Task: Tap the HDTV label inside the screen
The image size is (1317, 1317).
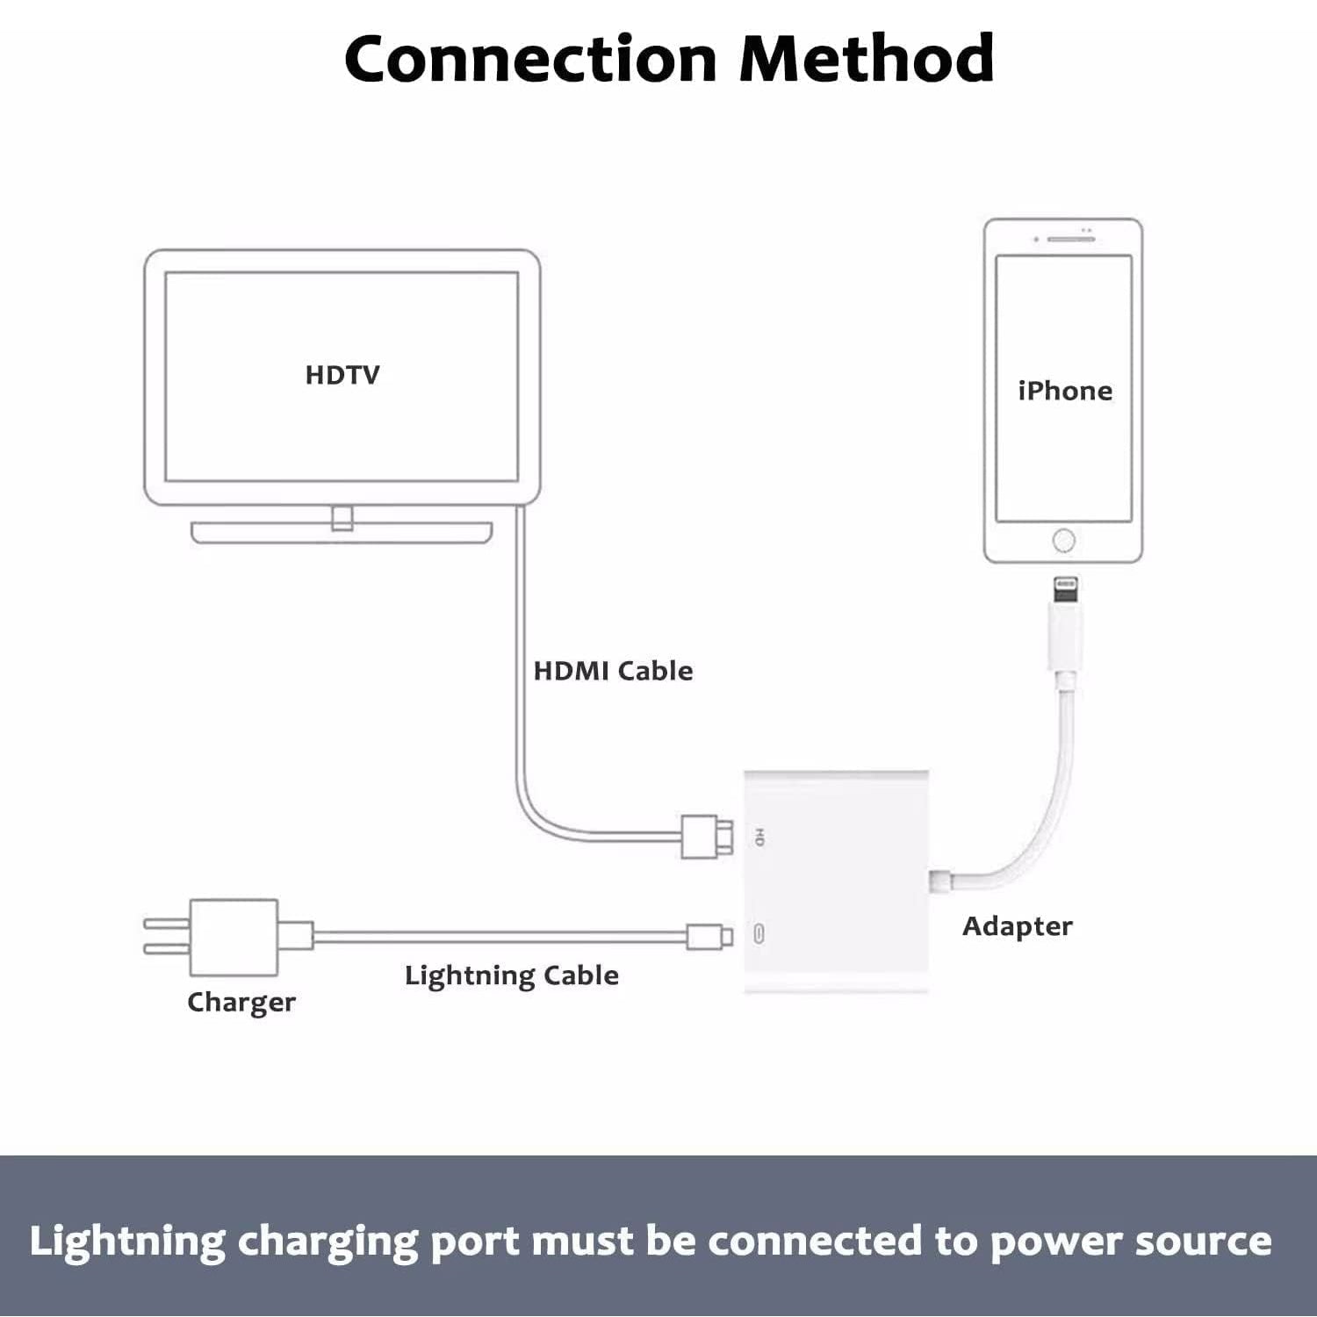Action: [x=342, y=375]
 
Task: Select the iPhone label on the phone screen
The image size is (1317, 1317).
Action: [x=1064, y=391]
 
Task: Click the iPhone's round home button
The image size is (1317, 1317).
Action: [x=1063, y=540]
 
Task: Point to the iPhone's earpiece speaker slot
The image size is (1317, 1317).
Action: [x=1070, y=239]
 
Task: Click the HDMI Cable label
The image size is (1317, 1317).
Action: [x=613, y=671]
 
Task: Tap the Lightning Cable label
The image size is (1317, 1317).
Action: [x=511, y=975]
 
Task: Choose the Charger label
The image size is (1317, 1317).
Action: [x=241, y=1002]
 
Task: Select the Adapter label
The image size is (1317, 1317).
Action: [x=1017, y=926]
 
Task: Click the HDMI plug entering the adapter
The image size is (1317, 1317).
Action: [x=707, y=836]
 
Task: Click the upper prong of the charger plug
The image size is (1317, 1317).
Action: [x=167, y=923]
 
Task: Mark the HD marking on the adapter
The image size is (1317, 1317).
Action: [x=759, y=837]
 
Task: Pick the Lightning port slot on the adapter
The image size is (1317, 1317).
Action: [x=759, y=933]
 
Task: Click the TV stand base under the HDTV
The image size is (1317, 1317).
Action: [x=342, y=533]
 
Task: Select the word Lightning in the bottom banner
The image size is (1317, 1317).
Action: [x=127, y=1241]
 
